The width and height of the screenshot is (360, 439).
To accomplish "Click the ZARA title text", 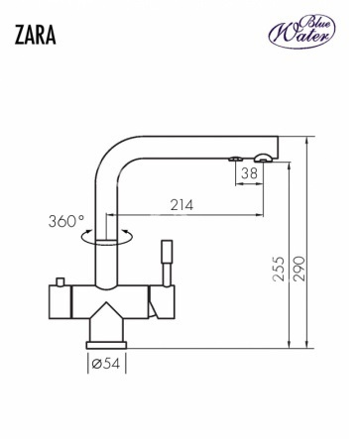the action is [x=35, y=35].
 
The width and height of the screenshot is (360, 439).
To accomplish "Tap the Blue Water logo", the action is [x=301, y=32].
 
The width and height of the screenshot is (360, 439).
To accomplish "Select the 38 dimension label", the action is [x=249, y=173].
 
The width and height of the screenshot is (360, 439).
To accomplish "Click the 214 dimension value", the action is [x=181, y=205].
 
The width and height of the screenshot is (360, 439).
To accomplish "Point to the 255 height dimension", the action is [x=279, y=269].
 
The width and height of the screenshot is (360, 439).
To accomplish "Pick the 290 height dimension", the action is [x=300, y=269].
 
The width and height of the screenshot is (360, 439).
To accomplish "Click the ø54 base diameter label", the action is [x=106, y=364].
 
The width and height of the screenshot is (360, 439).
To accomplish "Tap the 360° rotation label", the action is [x=66, y=221].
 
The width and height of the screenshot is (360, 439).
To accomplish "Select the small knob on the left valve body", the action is [x=60, y=281].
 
